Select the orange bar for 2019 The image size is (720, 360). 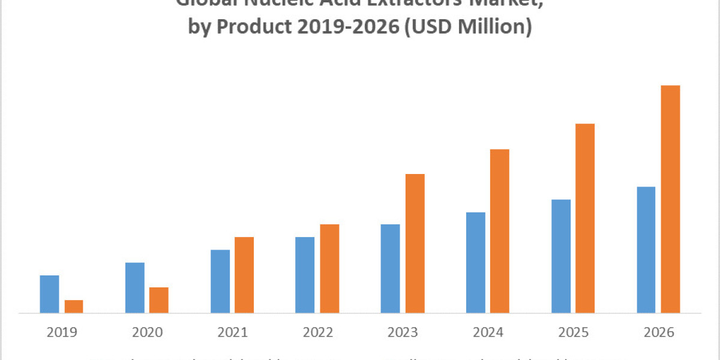pyautogui.click(x=74, y=306)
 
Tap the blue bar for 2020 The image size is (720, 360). pyautogui.click(x=134, y=287)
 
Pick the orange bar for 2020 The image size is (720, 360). pyautogui.click(x=159, y=300)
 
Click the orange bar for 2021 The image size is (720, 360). pyautogui.click(x=244, y=275)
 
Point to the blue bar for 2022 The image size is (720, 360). pyautogui.click(x=305, y=275)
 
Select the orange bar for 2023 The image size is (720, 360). pyautogui.click(x=415, y=243)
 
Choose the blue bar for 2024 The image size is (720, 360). pyautogui.click(x=475, y=262)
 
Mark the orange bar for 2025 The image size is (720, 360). pyautogui.click(x=585, y=218)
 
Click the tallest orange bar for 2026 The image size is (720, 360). pyautogui.click(x=670, y=199)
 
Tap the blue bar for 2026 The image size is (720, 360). pyautogui.click(x=646, y=250)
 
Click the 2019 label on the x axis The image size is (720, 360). pyautogui.click(x=61, y=332)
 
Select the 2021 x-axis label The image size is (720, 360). pyautogui.click(x=232, y=332)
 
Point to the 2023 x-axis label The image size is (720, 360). pyautogui.click(x=402, y=332)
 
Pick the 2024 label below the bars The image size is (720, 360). pyautogui.click(x=487, y=332)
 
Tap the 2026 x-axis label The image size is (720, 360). pyautogui.click(x=658, y=332)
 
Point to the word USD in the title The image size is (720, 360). pyautogui.click(x=429, y=28)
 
